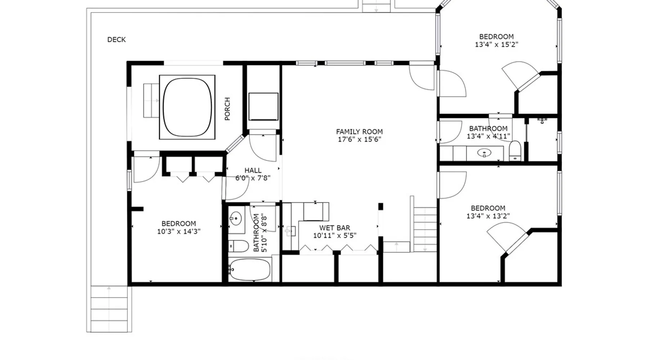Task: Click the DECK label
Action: pyautogui.click(x=116, y=40)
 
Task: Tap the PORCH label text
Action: pyautogui.click(x=227, y=109)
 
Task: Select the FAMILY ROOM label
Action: pyautogui.click(x=359, y=132)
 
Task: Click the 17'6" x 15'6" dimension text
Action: pyautogui.click(x=359, y=140)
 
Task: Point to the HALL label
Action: pyautogui.click(x=253, y=170)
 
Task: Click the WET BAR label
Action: pyautogui.click(x=335, y=228)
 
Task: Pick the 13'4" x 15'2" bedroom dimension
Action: pyautogui.click(x=496, y=45)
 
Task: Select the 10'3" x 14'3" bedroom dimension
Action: pyautogui.click(x=179, y=231)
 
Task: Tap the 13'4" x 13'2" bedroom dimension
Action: pyautogui.click(x=488, y=216)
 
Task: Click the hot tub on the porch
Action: pyautogui.click(x=187, y=107)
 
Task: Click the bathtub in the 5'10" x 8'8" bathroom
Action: pyautogui.click(x=249, y=270)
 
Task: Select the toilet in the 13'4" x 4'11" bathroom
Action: pyautogui.click(x=515, y=150)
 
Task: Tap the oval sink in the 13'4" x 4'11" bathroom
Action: pyautogui.click(x=484, y=153)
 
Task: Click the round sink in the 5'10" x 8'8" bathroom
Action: pyautogui.click(x=236, y=218)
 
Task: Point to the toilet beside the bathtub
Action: pyautogui.click(x=238, y=246)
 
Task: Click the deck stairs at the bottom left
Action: pyautogui.click(x=109, y=309)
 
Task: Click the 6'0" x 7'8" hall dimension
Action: pyautogui.click(x=253, y=178)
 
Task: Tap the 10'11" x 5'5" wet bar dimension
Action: pyautogui.click(x=335, y=236)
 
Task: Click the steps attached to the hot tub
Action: pyautogui.click(x=151, y=100)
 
